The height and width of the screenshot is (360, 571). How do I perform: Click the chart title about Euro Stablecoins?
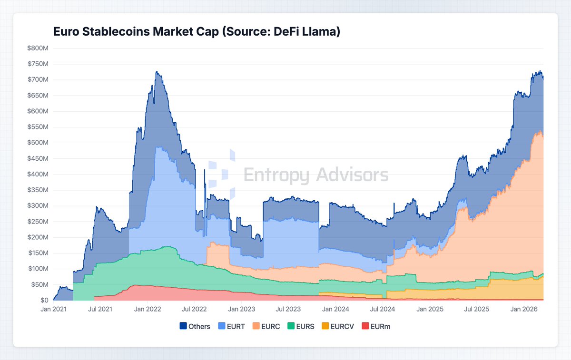tap(196, 32)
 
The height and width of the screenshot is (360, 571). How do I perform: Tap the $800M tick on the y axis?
tap(38, 48)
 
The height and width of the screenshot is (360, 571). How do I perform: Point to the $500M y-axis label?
tap(38, 143)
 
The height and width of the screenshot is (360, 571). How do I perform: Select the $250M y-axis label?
tap(38, 222)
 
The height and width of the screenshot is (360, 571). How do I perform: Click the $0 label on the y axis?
tap(43, 300)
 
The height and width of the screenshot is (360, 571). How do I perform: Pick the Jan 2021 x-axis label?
tap(53, 309)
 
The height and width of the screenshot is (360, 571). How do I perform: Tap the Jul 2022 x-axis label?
tap(195, 309)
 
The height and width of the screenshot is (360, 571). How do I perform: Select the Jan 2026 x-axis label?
tap(524, 309)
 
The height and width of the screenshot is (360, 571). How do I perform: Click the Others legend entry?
tap(195, 326)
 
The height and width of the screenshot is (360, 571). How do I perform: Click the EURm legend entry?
tap(376, 326)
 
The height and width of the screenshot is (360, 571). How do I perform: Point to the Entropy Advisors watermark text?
tap(315, 175)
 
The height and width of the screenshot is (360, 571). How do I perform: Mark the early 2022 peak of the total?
tap(157, 72)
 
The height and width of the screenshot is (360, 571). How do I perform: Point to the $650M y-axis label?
tap(38, 96)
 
